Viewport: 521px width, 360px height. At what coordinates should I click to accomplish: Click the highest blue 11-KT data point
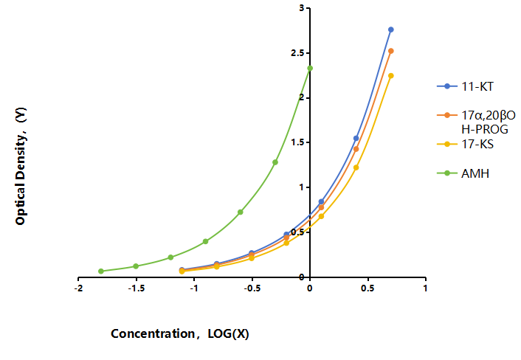click(391, 30)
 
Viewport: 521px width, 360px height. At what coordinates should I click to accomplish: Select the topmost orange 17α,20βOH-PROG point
click(391, 51)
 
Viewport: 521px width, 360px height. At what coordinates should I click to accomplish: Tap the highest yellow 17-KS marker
click(391, 76)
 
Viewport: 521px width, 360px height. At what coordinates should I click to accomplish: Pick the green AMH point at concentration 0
click(310, 68)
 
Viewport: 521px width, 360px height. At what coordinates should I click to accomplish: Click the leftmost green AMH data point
click(101, 271)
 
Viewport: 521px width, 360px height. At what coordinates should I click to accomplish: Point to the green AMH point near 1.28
click(275, 162)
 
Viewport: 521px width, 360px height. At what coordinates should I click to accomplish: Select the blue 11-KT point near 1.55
click(356, 138)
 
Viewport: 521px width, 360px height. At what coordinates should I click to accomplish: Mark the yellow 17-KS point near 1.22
click(356, 167)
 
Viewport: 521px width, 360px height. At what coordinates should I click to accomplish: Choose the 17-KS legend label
click(477, 144)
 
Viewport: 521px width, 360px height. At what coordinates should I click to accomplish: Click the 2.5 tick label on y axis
click(297, 53)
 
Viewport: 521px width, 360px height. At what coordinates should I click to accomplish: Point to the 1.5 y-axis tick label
click(297, 142)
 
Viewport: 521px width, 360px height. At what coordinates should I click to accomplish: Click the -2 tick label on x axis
click(78, 288)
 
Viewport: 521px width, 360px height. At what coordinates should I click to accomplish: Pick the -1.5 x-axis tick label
click(137, 288)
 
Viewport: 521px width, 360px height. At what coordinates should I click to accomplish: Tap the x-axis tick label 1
click(425, 288)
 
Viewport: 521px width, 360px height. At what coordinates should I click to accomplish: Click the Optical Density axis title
click(21, 166)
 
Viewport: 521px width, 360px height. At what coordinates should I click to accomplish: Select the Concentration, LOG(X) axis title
click(180, 333)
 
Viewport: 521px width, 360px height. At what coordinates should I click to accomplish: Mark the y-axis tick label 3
click(302, 8)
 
